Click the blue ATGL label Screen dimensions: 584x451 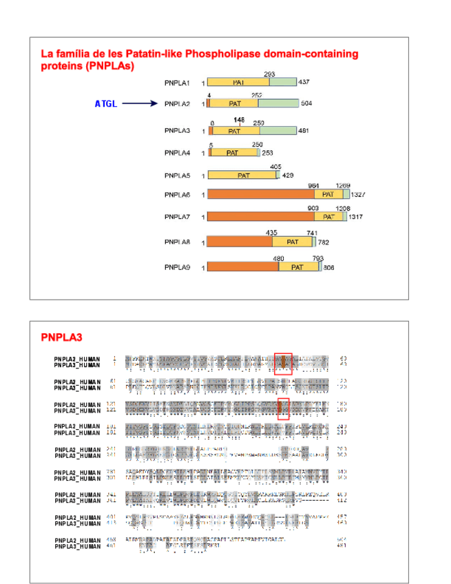click(x=106, y=104)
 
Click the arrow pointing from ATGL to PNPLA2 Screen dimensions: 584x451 click(x=141, y=104)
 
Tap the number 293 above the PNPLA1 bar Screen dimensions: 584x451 click(x=269, y=74)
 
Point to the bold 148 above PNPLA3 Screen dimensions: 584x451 click(x=239, y=119)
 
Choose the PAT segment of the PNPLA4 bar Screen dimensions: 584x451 click(x=233, y=152)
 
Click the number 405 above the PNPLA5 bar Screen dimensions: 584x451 click(x=276, y=167)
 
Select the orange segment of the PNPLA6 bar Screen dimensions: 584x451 click(x=261, y=195)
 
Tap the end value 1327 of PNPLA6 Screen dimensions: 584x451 click(x=358, y=195)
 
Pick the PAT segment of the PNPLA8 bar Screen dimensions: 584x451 click(x=293, y=242)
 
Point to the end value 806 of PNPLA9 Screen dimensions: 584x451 click(x=328, y=267)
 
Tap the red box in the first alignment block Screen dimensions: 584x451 click(x=283, y=363)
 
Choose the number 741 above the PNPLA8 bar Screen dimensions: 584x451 click(x=312, y=233)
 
